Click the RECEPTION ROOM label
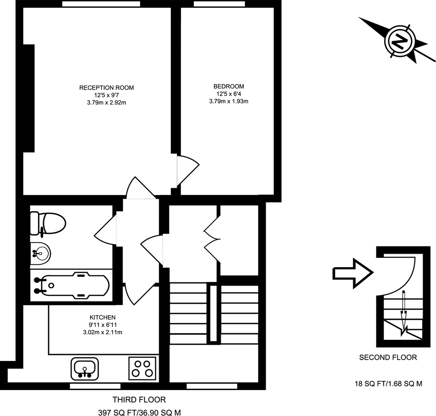click(106, 87)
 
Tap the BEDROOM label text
click(229, 86)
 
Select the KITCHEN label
click(102, 317)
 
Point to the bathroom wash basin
click(40, 252)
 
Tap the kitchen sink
click(85, 368)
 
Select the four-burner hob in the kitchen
click(142, 368)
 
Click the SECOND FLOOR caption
click(388, 357)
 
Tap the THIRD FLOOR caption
click(139, 399)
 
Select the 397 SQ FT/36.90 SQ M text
click(138, 411)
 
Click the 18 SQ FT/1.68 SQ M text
click(388, 384)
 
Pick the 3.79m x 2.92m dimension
click(106, 103)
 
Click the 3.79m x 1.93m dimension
click(229, 101)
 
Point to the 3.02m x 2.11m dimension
click(102, 332)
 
